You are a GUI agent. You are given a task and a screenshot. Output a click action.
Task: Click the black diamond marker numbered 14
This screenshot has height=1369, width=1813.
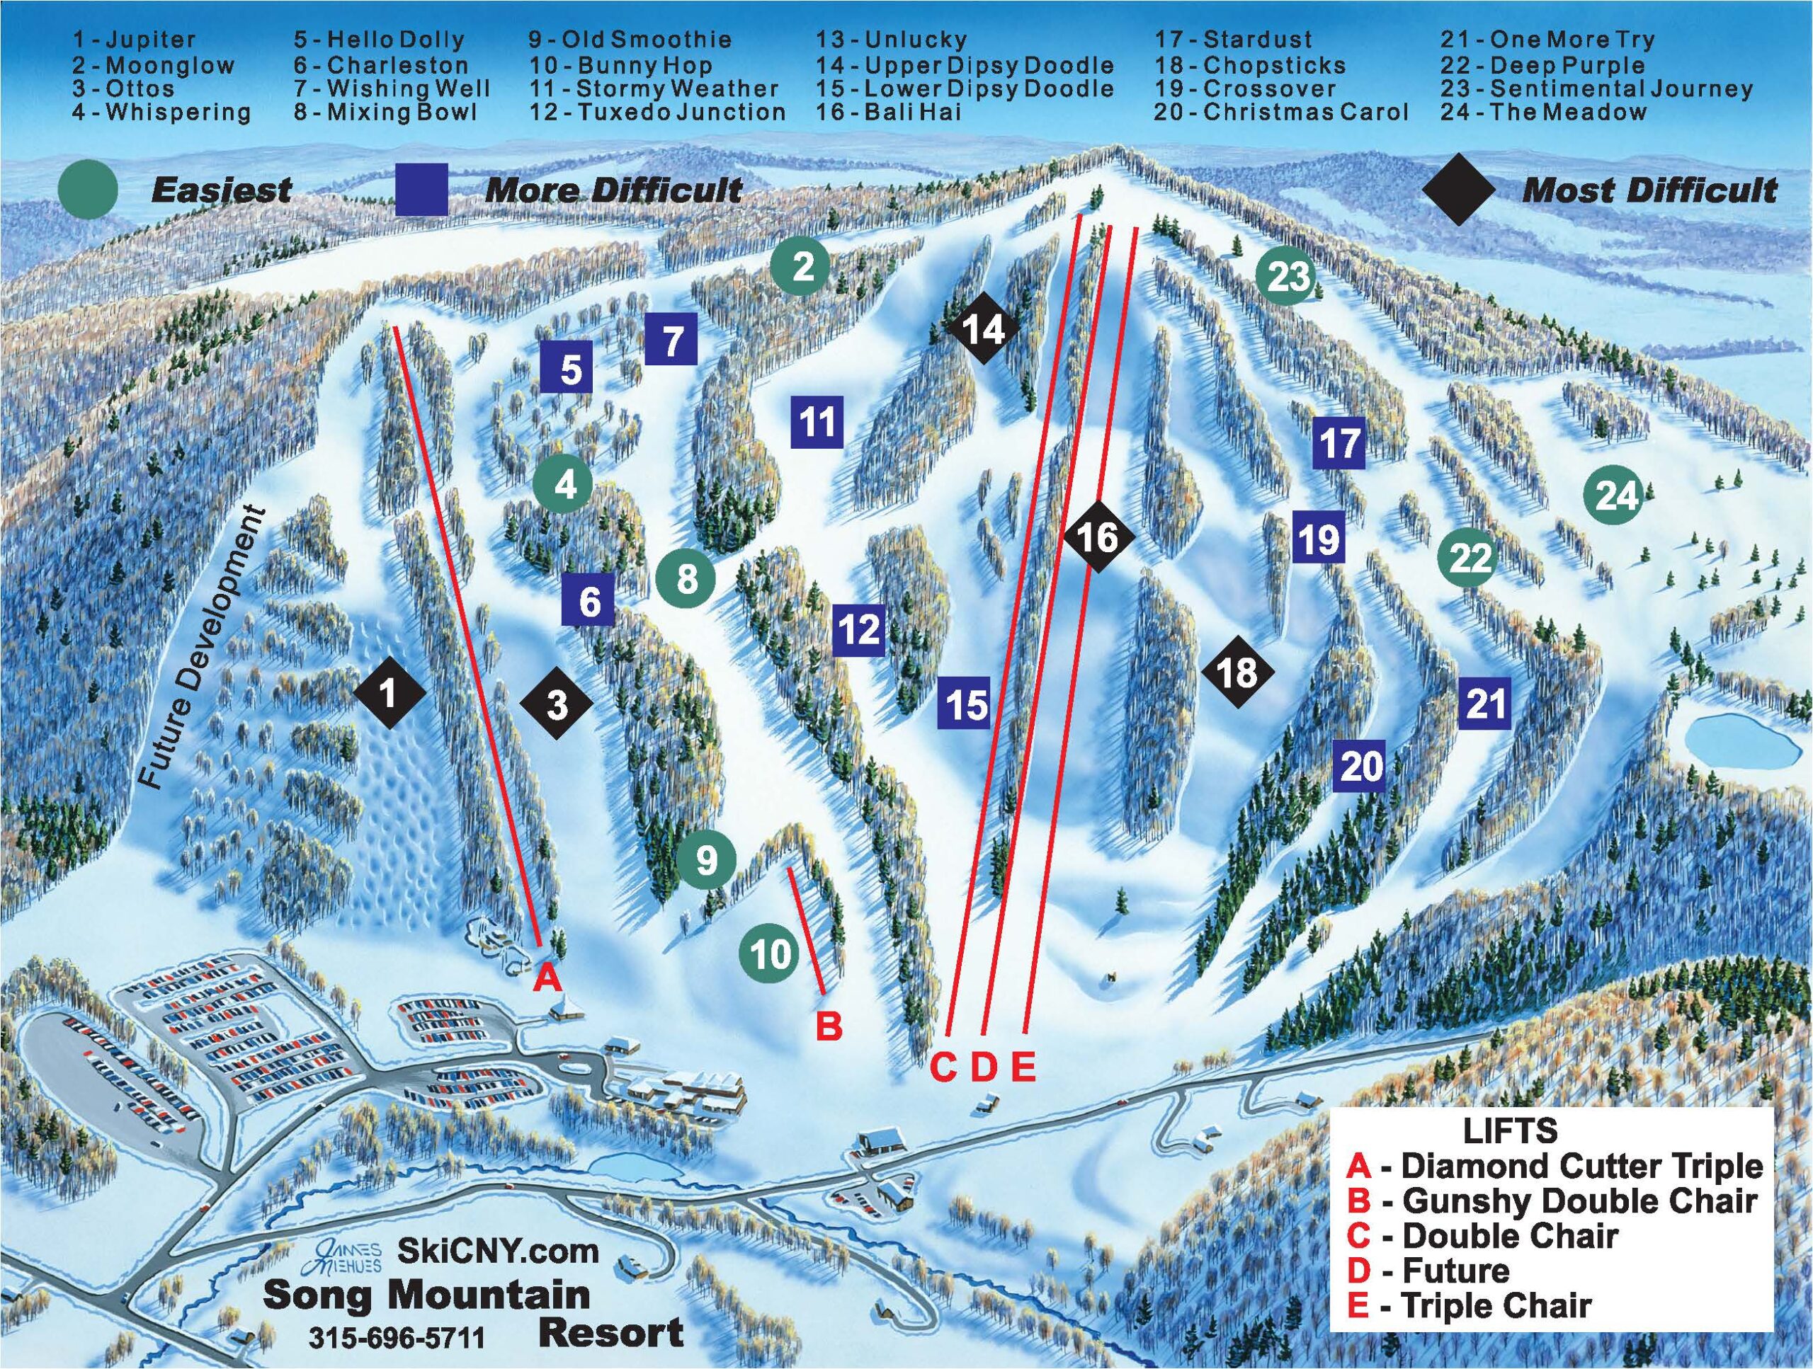tap(983, 329)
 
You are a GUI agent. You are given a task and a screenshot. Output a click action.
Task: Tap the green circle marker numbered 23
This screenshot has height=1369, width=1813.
tap(1287, 276)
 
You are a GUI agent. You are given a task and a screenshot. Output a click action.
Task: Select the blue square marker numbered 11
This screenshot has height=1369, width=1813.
tap(817, 422)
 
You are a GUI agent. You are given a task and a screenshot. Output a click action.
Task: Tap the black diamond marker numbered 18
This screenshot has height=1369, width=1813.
tap(1238, 672)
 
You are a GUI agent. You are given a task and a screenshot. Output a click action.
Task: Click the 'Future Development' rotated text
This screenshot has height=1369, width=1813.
tap(203, 649)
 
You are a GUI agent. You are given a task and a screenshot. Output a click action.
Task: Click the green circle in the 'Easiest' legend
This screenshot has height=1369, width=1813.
tap(89, 191)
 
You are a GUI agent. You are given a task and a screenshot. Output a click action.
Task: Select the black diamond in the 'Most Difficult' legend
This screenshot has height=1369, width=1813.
tap(1458, 191)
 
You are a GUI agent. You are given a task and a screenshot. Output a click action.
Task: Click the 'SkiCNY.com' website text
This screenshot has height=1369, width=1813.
tap(497, 1251)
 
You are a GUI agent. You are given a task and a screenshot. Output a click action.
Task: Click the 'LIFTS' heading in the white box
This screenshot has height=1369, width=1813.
tap(1510, 1130)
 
